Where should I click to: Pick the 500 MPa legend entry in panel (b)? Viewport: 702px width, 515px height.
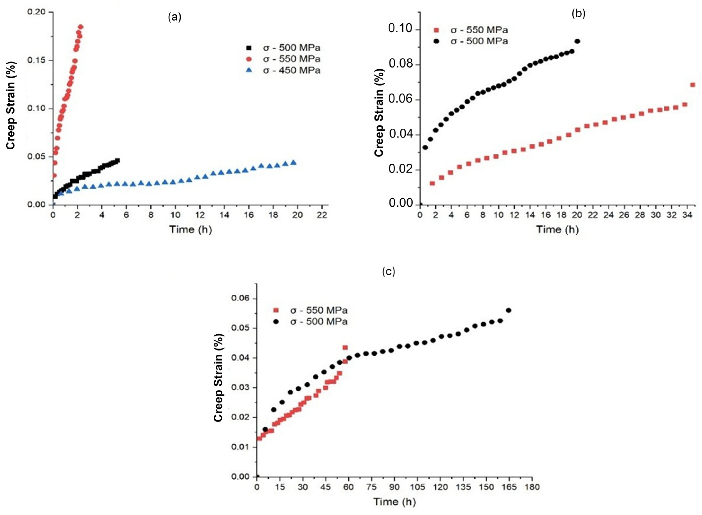click(x=470, y=41)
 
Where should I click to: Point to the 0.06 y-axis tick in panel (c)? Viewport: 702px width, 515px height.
click(x=240, y=299)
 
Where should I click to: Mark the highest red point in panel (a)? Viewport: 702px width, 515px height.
click(x=80, y=27)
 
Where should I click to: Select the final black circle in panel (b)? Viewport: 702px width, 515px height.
click(x=577, y=41)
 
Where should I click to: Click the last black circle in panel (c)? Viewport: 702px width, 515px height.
click(x=508, y=310)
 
